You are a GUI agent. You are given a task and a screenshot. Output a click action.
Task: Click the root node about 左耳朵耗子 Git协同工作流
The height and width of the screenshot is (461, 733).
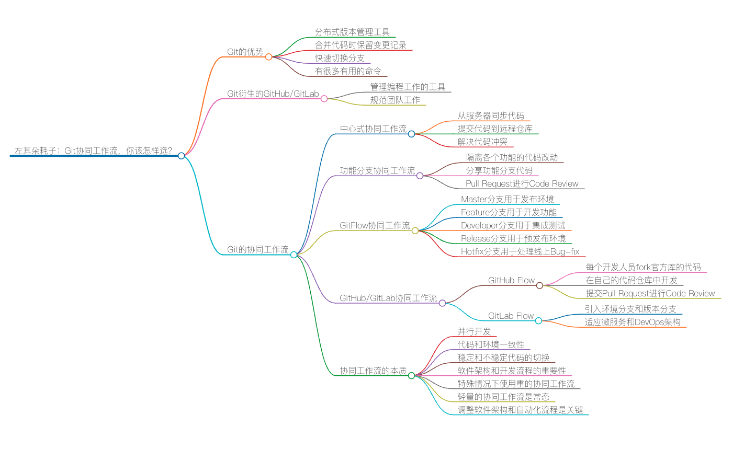pyautogui.click(x=93, y=151)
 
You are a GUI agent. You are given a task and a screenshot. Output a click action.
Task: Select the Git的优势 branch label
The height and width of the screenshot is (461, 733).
pyautogui.click(x=245, y=52)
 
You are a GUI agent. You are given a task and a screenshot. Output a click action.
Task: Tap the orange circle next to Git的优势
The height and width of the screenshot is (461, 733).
pyautogui.click(x=268, y=56)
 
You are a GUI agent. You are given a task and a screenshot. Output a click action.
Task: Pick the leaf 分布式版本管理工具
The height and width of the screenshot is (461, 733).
pyautogui.click(x=352, y=32)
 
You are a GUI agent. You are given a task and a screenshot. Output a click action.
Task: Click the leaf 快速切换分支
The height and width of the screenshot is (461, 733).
pyautogui.click(x=340, y=58)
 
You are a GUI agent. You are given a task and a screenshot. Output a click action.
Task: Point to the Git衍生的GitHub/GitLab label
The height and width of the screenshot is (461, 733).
pyautogui.click(x=273, y=94)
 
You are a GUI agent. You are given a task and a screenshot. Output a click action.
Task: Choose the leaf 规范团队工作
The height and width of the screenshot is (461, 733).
pyautogui.click(x=395, y=100)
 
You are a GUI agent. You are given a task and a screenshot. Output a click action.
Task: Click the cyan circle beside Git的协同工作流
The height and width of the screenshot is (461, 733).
pyautogui.click(x=294, y=255)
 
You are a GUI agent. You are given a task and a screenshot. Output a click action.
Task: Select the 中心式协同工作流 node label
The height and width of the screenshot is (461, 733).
pyautogui.click(x=373, y=129)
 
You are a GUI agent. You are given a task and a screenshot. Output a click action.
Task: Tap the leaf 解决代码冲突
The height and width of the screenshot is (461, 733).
pyautogui.click(x=482, y=142)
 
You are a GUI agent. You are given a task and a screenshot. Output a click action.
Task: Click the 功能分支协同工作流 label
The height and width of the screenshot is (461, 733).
pyautogui.click(x=377, y=170)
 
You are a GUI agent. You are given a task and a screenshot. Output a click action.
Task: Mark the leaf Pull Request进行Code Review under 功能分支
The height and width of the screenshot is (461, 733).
pyautogui.click(x=522, y=183)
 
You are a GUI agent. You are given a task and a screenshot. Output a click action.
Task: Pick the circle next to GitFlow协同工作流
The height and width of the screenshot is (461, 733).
pyautogui.click(x=415, y=230)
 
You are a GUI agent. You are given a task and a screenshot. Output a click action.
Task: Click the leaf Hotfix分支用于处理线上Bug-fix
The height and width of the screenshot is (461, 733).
pyautogui.click(x=520, y=251)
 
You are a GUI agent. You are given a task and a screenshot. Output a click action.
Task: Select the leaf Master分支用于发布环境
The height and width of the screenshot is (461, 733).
pyautogui.click(x=508, y=199)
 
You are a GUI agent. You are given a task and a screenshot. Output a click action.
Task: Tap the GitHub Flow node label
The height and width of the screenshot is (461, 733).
pyautogui.click(x=511, y=280)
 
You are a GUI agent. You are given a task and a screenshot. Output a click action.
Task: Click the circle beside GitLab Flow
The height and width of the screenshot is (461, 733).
pyautogui.click(x=538, y=320)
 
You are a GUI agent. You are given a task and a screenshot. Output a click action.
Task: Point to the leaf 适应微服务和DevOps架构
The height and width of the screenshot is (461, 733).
pyautogui.click(x=633, y=322)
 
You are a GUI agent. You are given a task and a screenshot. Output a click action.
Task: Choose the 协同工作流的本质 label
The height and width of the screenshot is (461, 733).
pyautogui.click(x=373, y=371)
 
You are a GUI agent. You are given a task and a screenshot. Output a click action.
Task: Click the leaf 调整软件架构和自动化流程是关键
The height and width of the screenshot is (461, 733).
pyautogui.click(x=520, y=410)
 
